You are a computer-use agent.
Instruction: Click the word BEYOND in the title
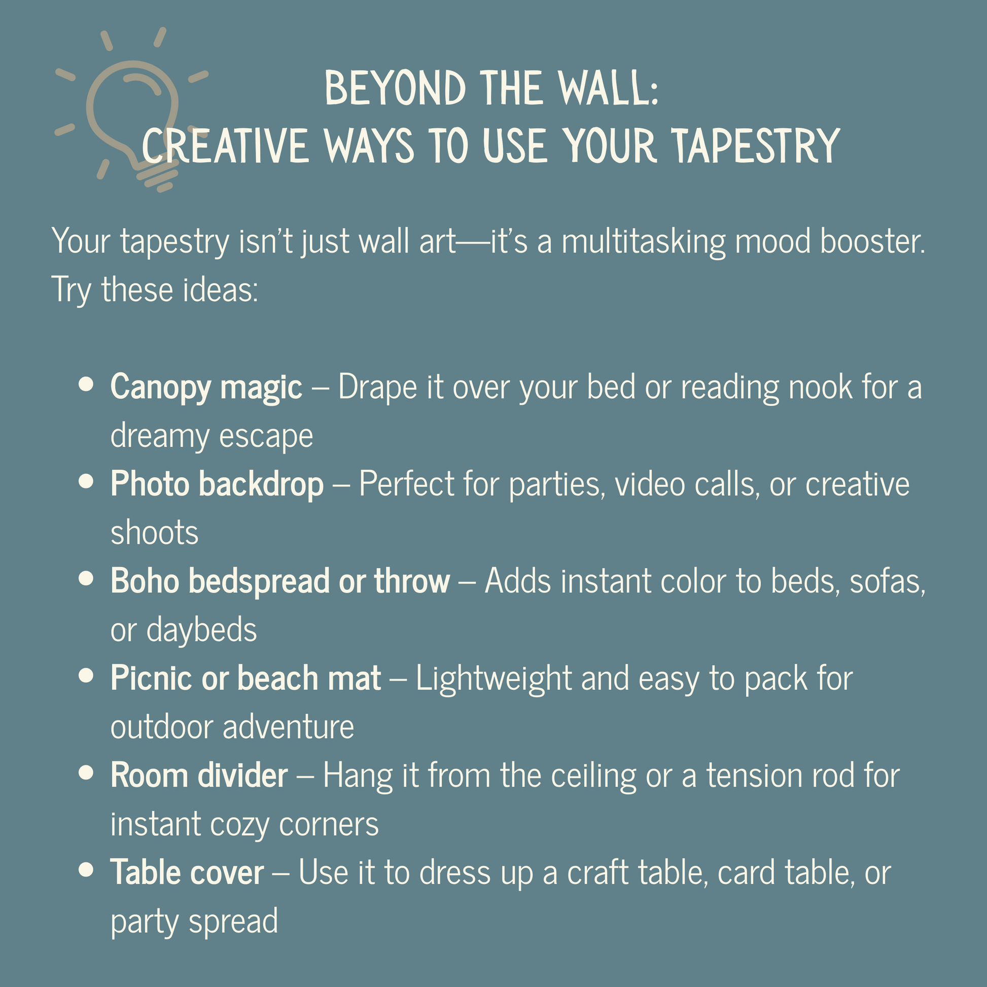(x=395, y=88)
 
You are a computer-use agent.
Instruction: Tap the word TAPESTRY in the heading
(x=756, y=146)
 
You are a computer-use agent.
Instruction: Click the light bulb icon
(x=132, y=110)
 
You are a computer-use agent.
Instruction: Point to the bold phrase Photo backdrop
(x=217, y=483)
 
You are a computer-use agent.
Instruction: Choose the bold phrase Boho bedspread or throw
(x=280, y=581)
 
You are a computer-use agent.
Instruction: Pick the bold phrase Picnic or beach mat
(x=245, y=679)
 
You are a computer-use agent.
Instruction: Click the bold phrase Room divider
(x=199, y=775)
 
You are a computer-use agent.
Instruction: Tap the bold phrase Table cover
(x=188, y=872)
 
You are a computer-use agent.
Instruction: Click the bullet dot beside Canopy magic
(x=86, y=384)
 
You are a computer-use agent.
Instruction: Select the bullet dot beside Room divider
(x=86, y=772)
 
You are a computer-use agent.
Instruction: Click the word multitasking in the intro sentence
(x=643, y=242)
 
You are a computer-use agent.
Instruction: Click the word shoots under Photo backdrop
(x=155, y=533)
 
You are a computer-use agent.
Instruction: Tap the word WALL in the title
(x=609, y=88)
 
